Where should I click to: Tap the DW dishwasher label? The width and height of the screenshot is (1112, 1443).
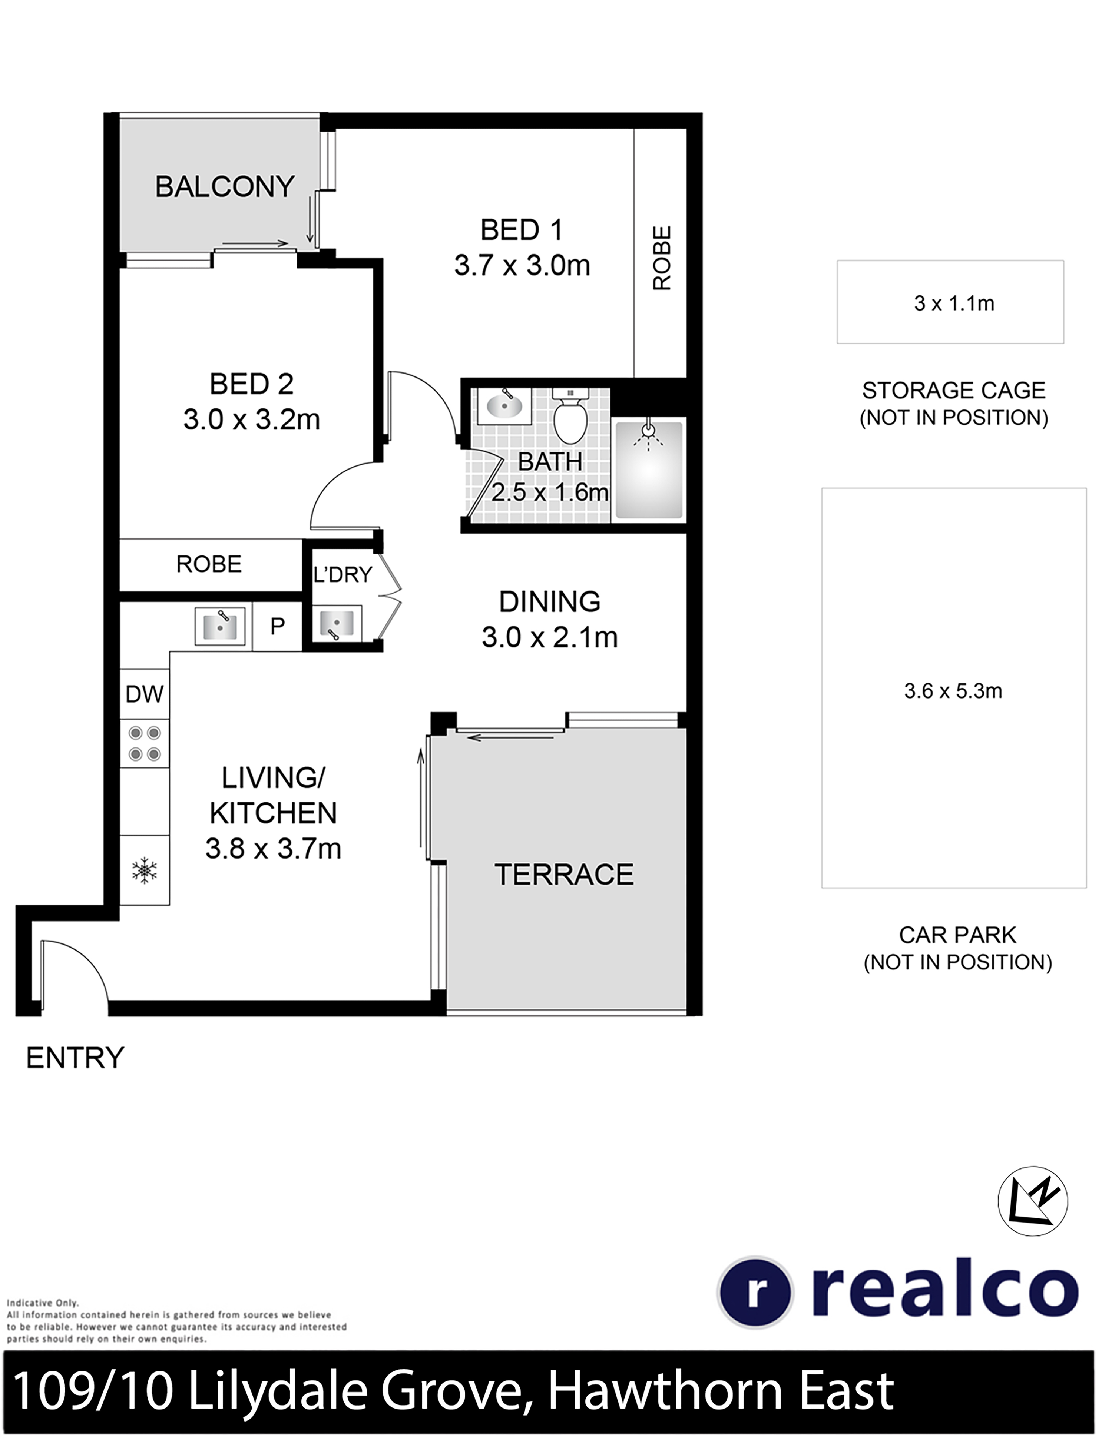pos(144,694)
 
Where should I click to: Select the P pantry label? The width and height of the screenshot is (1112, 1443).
pos(278,625)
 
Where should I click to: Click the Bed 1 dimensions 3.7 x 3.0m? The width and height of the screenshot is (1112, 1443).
pos(522,266)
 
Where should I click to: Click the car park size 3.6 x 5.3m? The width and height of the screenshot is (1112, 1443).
pos(953,691)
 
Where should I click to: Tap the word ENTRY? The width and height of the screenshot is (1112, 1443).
pos(75,1058)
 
